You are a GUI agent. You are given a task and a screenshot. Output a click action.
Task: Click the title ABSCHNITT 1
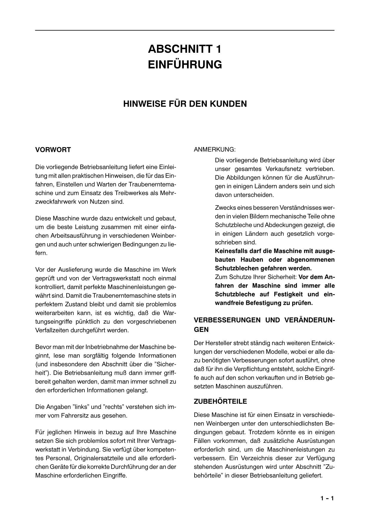[x=185, y=49]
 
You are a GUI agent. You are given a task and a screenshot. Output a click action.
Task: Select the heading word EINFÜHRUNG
[x=185, y=64]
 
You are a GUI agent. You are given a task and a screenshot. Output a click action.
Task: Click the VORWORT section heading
[x=53, y=150]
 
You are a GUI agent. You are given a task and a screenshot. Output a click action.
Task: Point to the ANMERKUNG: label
[x=215, y=149]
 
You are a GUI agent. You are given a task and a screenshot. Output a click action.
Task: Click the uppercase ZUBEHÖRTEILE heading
[x=220, y=401]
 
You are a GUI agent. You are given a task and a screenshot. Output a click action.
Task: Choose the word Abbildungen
[x=241, y=178]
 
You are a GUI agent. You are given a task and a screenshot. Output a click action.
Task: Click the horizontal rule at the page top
[x=185, y=30]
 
